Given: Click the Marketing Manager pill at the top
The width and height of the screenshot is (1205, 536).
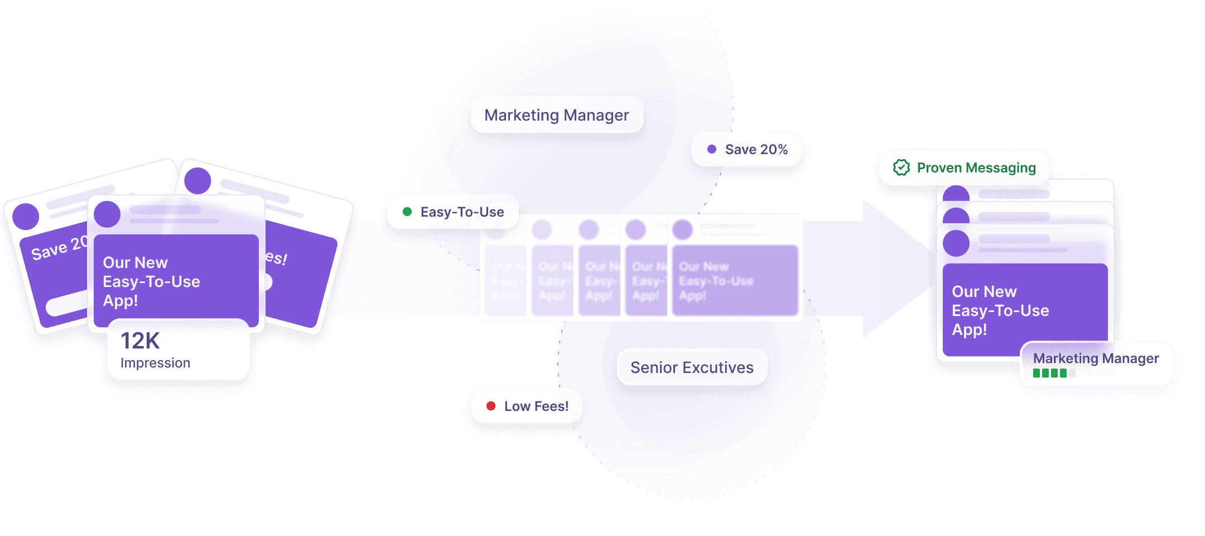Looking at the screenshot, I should coord(556,115).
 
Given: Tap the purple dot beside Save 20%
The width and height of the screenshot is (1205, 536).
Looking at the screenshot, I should coord(712,149).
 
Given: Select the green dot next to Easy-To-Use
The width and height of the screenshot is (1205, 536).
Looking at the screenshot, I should coord(407,212).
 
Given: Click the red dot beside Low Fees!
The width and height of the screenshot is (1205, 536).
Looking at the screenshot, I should coord(491,406).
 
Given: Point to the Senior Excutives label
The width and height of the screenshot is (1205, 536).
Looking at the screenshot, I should coord(692,367).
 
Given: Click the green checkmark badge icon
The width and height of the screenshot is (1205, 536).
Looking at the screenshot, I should coord(901,167).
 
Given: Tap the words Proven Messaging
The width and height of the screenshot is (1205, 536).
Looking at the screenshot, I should coord(976,167).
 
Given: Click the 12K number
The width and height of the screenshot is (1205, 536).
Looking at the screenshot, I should coord(140,341).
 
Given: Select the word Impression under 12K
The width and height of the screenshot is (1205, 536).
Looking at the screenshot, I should coord(155,363).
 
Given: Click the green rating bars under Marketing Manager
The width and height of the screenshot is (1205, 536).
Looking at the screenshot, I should coord(1050,373).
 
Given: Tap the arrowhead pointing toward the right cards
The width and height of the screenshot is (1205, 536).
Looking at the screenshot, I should coord(893,268).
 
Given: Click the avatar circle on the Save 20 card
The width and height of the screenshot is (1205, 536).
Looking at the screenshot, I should coord(26,217).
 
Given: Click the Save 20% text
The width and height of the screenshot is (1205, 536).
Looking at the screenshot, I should coord(756,149).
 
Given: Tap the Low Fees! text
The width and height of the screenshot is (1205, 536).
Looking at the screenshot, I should coord(536,406).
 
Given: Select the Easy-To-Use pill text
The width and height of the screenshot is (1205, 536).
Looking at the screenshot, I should coord(462,212).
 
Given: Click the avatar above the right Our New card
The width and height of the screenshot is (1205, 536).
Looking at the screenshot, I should coord(956,243).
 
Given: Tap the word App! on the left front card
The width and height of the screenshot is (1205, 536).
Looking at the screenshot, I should coord(120,300).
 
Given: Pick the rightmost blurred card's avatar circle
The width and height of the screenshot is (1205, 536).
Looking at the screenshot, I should coord(682,229).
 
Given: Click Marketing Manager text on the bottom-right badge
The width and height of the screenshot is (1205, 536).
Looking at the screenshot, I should coord(1096,358).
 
